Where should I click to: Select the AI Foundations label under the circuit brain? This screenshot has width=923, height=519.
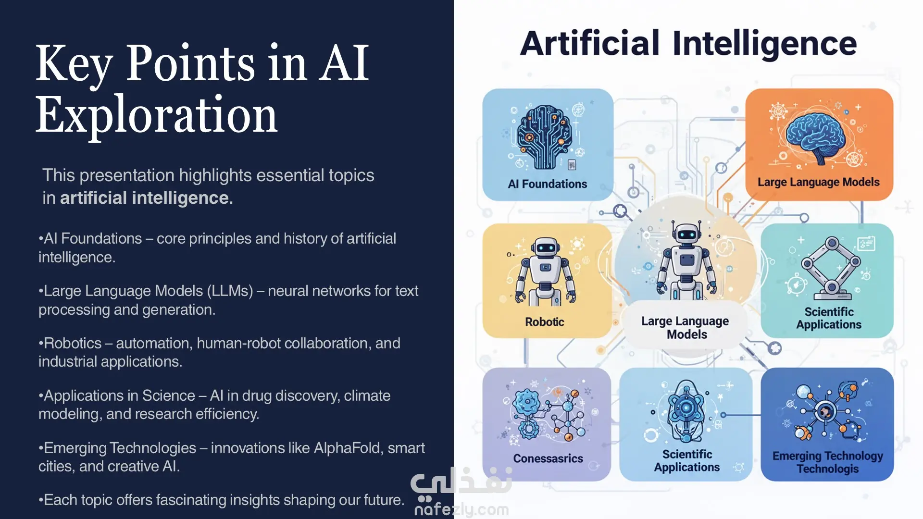(548, 184)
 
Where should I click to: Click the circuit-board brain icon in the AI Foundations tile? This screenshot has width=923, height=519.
(545, 136)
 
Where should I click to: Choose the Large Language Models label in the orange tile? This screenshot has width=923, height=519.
(819, 182)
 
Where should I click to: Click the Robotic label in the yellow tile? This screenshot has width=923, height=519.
(544, 322)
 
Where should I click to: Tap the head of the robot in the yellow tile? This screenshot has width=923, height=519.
(545, 247)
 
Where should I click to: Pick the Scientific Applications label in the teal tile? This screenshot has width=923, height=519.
(829, 318)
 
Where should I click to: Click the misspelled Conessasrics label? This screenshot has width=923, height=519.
(548, 458)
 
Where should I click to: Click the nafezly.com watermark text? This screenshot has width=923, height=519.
(461, 509)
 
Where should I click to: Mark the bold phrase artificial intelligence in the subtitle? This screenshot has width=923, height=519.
(146, 198)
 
